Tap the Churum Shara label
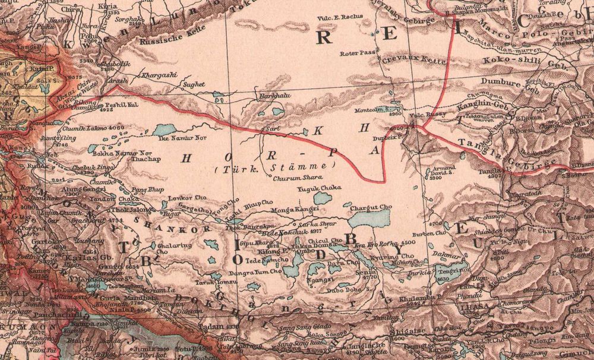tap(302, 176)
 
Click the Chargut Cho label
tap(372, 207)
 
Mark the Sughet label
tap(194, 85)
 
